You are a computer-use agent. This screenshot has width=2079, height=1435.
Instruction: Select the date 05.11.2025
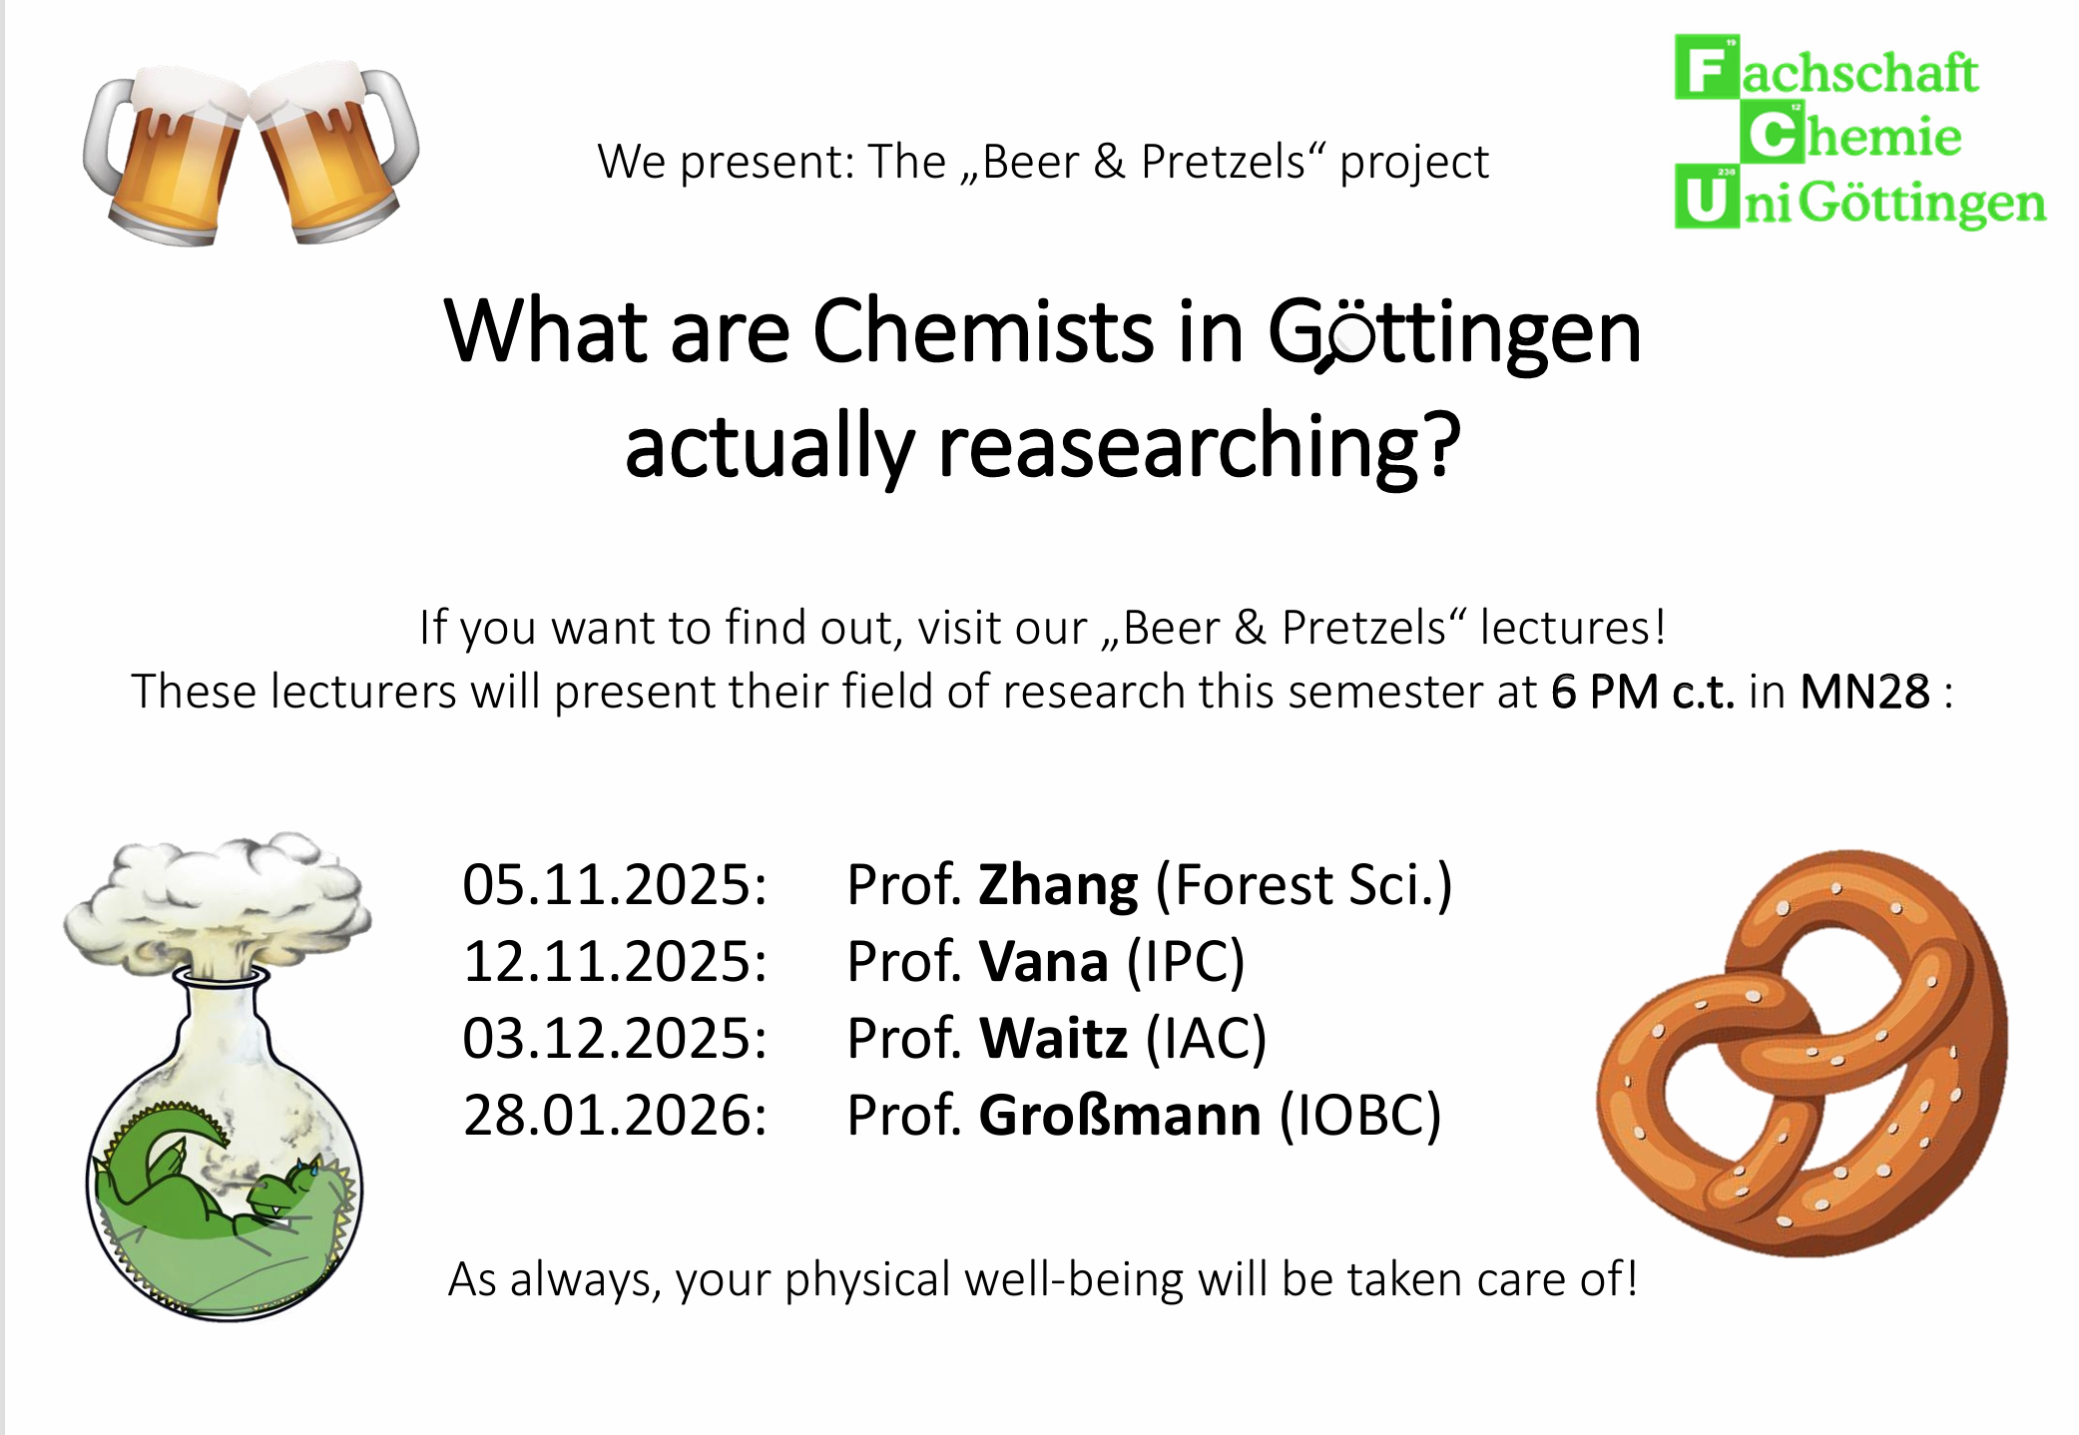pos(614,885)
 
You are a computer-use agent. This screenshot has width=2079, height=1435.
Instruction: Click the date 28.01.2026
pos(614,1116)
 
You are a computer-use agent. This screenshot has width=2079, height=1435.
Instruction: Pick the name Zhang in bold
pos(1057,885)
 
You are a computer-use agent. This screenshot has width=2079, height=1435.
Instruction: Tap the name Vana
pos(1043,962)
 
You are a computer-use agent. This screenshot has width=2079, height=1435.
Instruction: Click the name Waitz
pos(1053,1039)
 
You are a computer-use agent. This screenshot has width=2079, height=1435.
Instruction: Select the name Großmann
pos(1119,1116)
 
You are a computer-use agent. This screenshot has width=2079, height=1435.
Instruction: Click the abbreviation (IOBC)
pos(1360,1116)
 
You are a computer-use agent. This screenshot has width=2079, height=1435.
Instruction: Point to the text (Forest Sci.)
pos(1303,885)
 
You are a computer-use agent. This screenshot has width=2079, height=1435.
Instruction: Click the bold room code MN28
pos(1864,692)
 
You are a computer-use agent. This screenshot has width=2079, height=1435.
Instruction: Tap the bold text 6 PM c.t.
pos(1642,692)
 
